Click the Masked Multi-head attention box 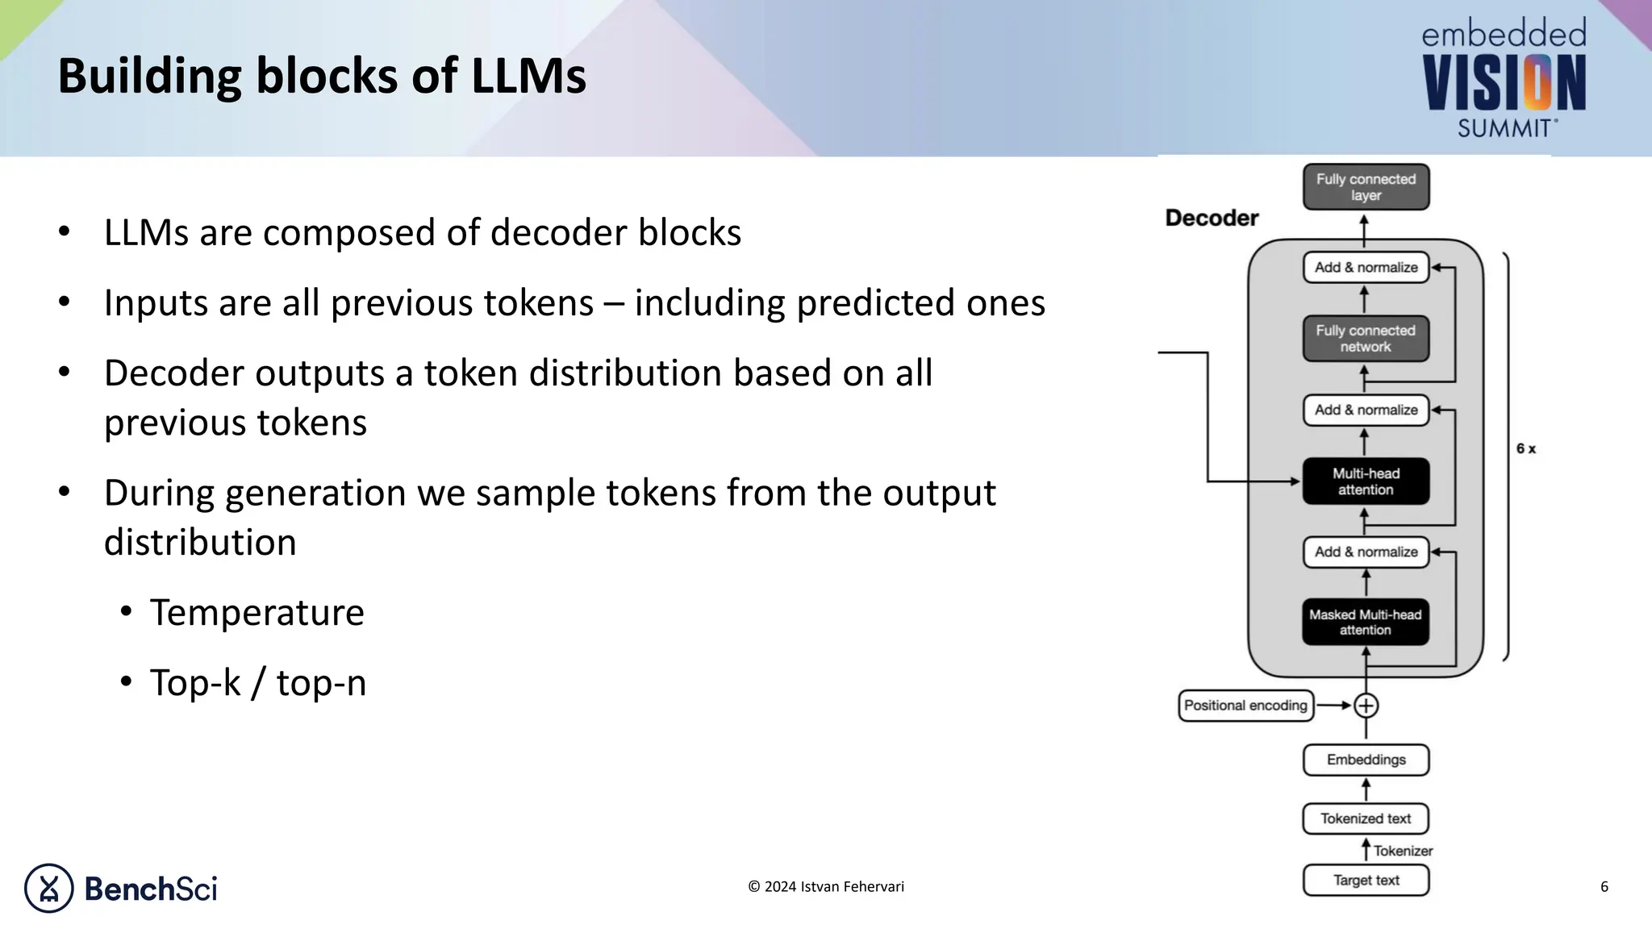(x=1365, y=622)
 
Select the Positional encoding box (x=1245, y=706)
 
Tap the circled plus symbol (x=1366, y=706)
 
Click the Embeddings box (x=1366, y=760)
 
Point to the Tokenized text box (x=1366, y=819)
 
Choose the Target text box (x=1366, y=880)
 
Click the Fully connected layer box (x=1366, y=187)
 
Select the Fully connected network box (x=1366, y=339)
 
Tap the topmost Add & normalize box (x=1366, y=268)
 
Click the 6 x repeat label (x=1525, y=449)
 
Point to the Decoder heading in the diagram (x=1212, y=218)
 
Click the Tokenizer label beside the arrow (x=1403, y=851)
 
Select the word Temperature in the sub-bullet (x=257, y=612)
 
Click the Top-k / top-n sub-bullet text (x=257, y=682)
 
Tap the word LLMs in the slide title (x=528, y=76)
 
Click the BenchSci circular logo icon (x=48, y=888)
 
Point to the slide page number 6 (x=1604, y=887)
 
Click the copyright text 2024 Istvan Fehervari (x=826, y=886)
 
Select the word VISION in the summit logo (x=1504, y=84)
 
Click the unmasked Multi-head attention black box (x=1366, y=481)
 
